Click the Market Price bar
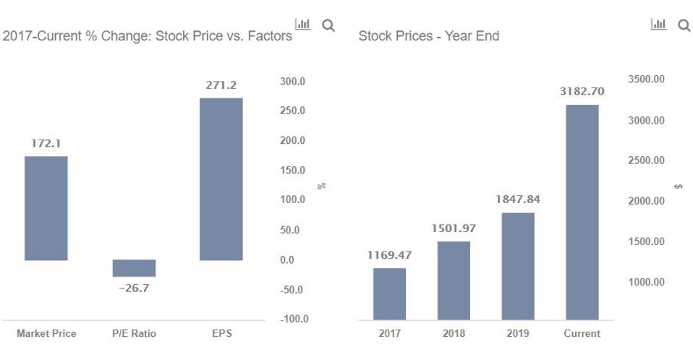pos(46,208)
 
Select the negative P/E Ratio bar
pos(134,268)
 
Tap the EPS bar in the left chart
pos(221,179)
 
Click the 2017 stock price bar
pos(389,293)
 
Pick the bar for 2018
pos(454,280)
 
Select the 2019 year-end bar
pos(518,266)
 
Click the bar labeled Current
pos(582,212)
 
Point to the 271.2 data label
pos(221,85)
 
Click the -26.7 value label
pos(134,288)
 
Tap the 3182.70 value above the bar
pos(582,92)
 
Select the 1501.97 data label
pos(454,228)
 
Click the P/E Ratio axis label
pos(134,333)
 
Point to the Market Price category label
pos(46,333)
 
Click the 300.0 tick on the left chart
pos(292,82)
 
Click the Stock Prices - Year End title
pos(429,35)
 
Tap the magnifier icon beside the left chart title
pos(328,25)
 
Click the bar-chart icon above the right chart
pos(659,25)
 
